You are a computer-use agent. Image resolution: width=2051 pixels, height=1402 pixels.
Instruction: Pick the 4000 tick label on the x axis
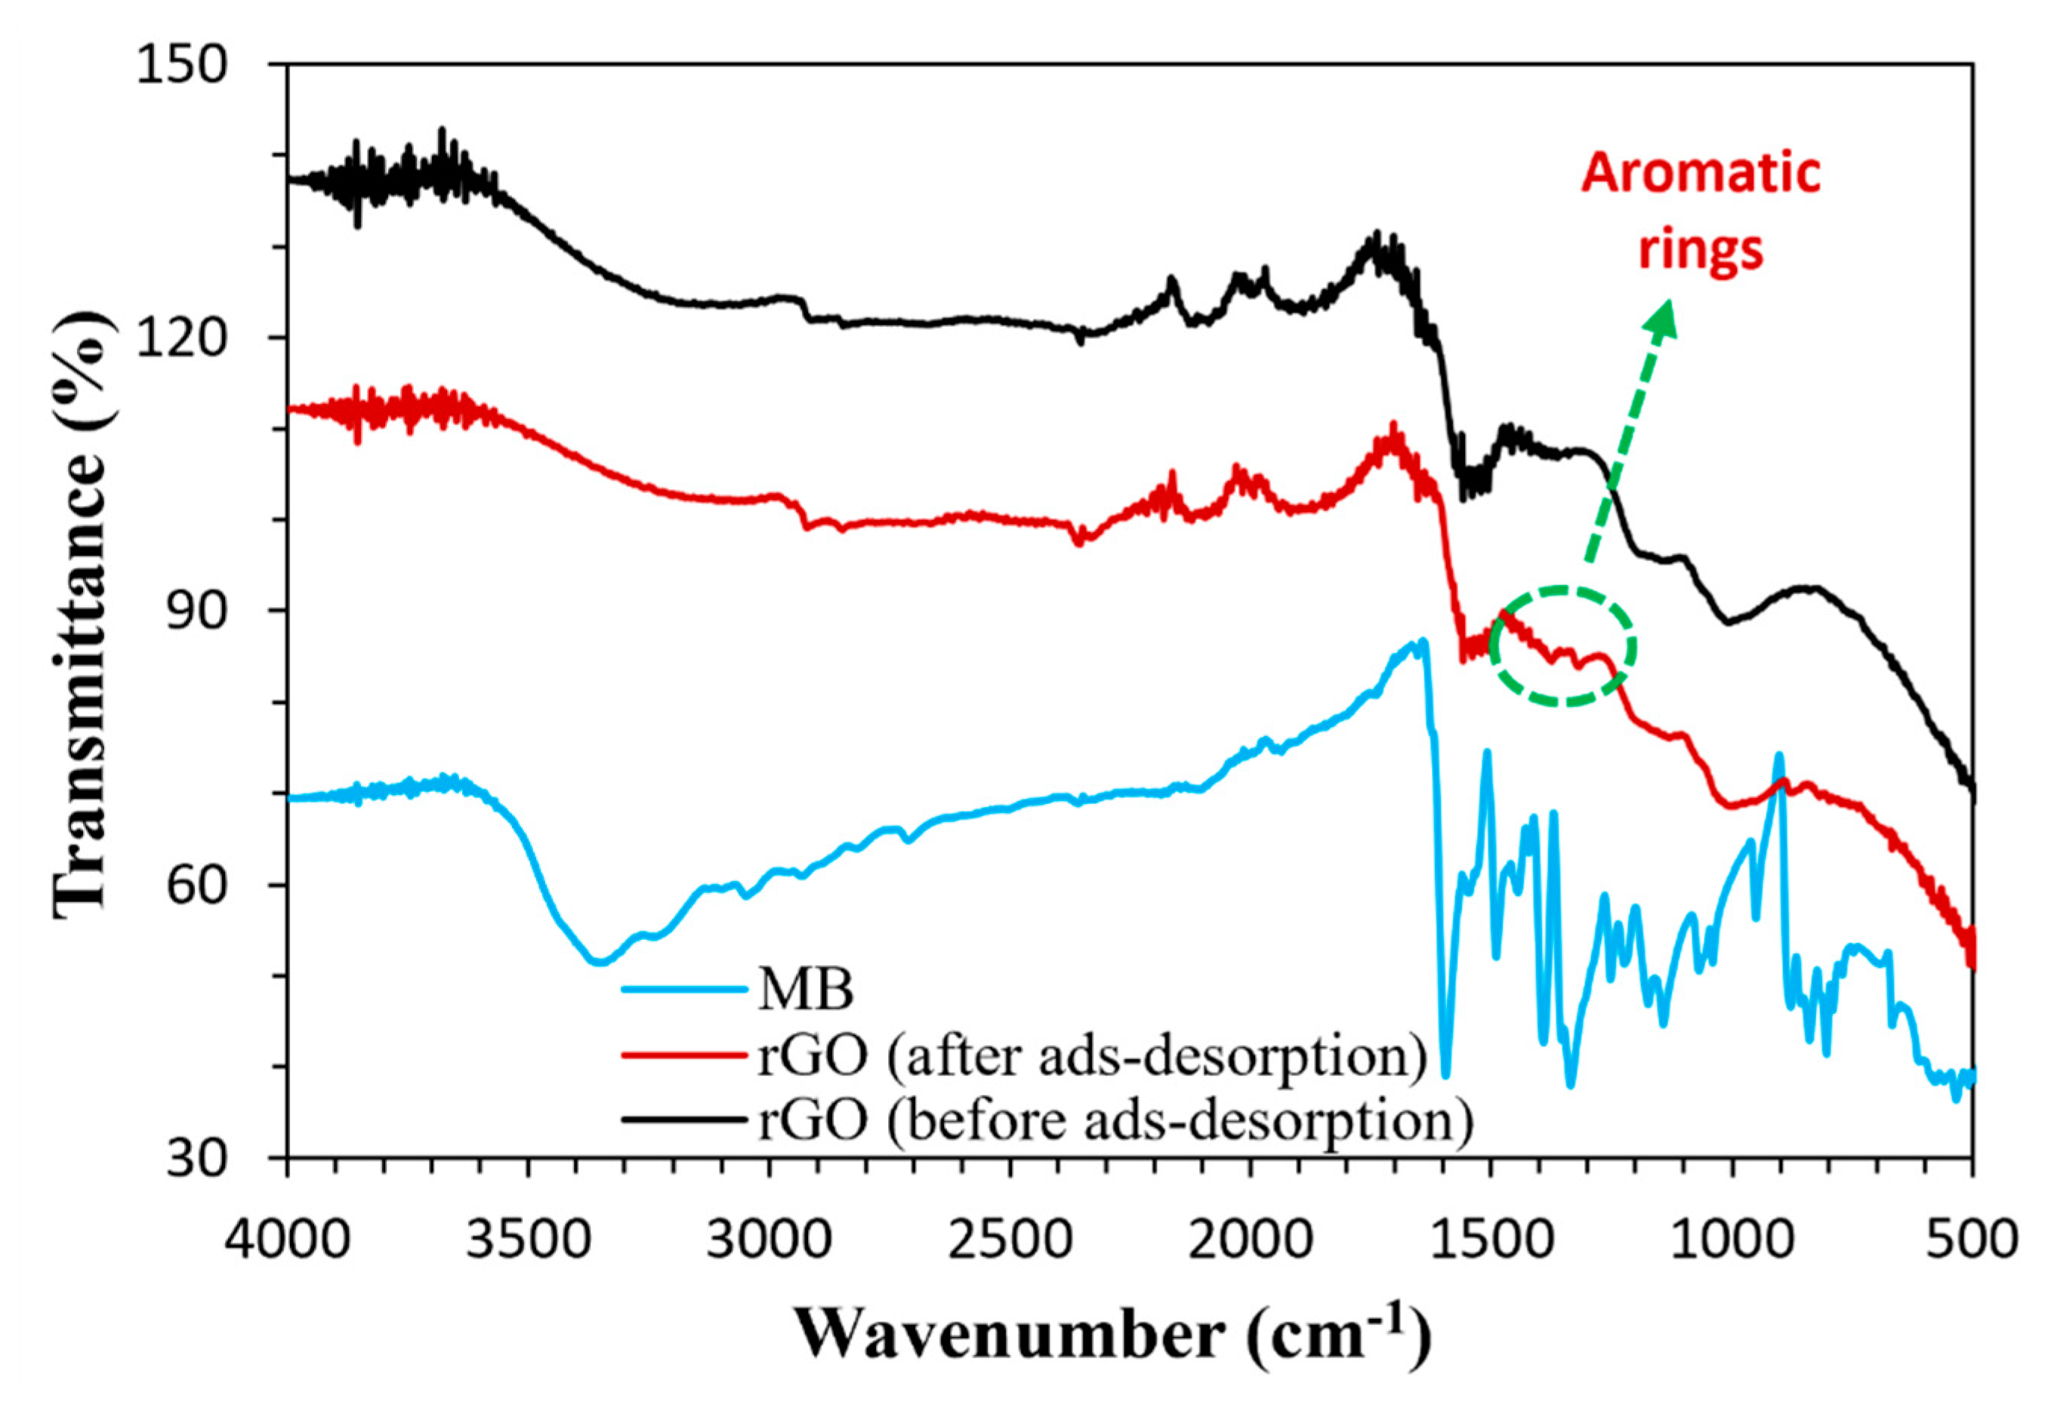pyautogui.click(x=288, y=1239)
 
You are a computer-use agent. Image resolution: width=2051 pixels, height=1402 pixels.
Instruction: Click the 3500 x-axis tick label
pyautogui.click(x=528, y=1239)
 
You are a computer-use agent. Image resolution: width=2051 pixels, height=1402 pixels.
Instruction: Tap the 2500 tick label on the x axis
pyautogui.click(x=1010, y=1239)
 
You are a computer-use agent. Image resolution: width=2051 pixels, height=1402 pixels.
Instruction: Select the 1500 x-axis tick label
pyautogui.click(x=1491, y=1239)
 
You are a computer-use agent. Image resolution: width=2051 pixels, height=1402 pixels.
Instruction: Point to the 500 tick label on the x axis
pyautogui.click(x=1973, y=1239)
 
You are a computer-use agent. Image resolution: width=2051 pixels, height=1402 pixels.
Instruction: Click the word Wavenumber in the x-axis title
pyautogui.click(x=1008, y=1335)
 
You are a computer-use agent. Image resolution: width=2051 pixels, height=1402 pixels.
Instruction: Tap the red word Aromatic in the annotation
pyautogui.click(x=1701, y=173)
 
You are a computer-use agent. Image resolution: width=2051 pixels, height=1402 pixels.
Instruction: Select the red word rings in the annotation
pyautogui.click(x=1701, y=250)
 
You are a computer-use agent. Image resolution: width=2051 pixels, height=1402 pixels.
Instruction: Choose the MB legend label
pyautogui.click(x=806, y=990)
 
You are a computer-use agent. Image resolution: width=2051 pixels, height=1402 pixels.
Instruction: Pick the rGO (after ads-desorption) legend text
pyautogui.click(x=1093, y=1056)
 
